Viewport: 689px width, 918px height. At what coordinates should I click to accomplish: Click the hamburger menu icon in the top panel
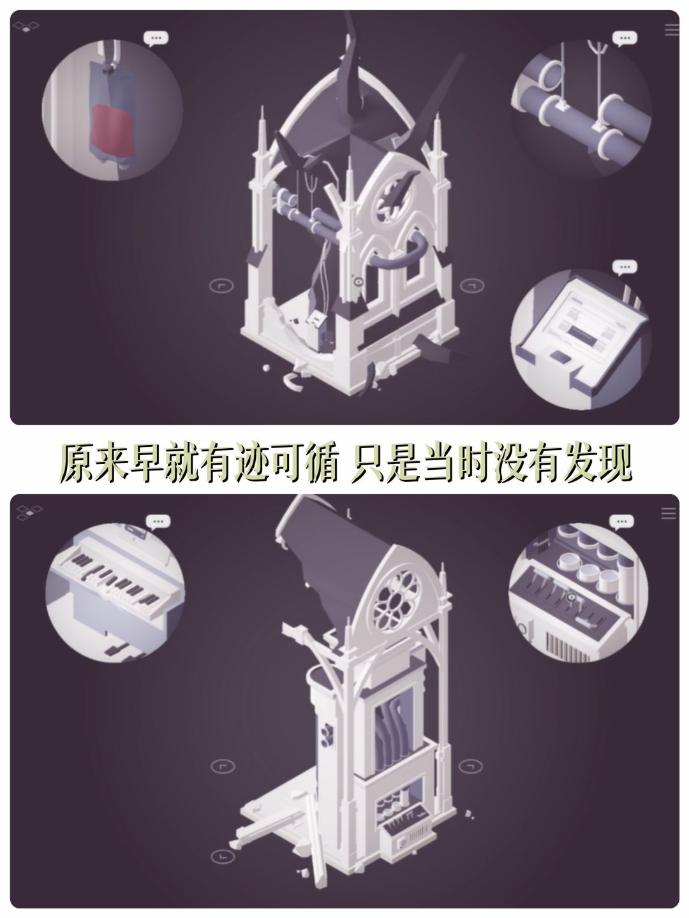(x=671, y=29)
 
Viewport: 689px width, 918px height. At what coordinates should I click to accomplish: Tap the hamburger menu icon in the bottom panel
(x=668, y=513)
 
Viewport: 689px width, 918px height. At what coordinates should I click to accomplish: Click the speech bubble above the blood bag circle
(x=156, y=39)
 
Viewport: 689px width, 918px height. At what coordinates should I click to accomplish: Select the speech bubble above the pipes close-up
(x=625, y=39)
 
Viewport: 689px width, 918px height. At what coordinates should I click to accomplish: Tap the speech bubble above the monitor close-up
(x=625, y=267)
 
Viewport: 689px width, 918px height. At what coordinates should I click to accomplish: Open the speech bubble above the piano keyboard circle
(x=158, y=522)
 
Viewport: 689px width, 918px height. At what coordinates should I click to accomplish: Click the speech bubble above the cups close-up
(x=621, y=522)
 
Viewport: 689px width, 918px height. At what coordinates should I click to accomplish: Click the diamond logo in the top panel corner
(x=26, y=27)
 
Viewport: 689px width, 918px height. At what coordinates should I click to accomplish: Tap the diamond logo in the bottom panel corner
(x=29, y=513)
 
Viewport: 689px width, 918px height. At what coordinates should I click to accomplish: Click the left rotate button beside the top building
(x=221, y=286)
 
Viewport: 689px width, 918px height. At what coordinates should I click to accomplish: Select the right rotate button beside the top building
(x=472, y=286)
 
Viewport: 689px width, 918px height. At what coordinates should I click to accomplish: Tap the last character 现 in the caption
(x=612, y=463)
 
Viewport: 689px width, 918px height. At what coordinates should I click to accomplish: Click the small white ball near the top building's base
(x=265, y=368)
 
